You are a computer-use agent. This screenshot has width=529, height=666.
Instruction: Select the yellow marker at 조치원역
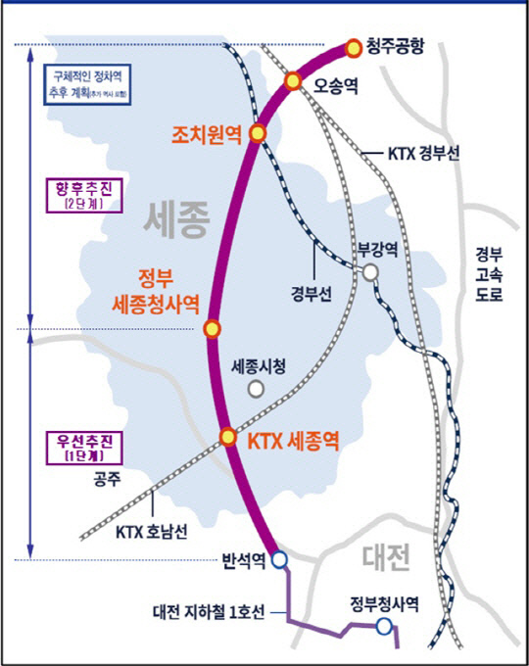coord(258,132)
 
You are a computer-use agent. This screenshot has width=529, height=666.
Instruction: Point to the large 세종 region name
coord(177,219)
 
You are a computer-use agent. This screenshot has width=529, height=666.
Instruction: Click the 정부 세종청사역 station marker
coord(211,329)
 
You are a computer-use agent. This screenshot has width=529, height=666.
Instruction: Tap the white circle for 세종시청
coord(256,389)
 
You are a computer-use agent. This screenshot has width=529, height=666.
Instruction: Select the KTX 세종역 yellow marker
coord(227,437)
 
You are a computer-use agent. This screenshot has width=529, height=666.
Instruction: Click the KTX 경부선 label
coord(425,154)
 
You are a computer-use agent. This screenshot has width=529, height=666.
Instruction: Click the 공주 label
coord(106,480)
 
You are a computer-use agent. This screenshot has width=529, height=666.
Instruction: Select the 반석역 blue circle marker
coord(279,559)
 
